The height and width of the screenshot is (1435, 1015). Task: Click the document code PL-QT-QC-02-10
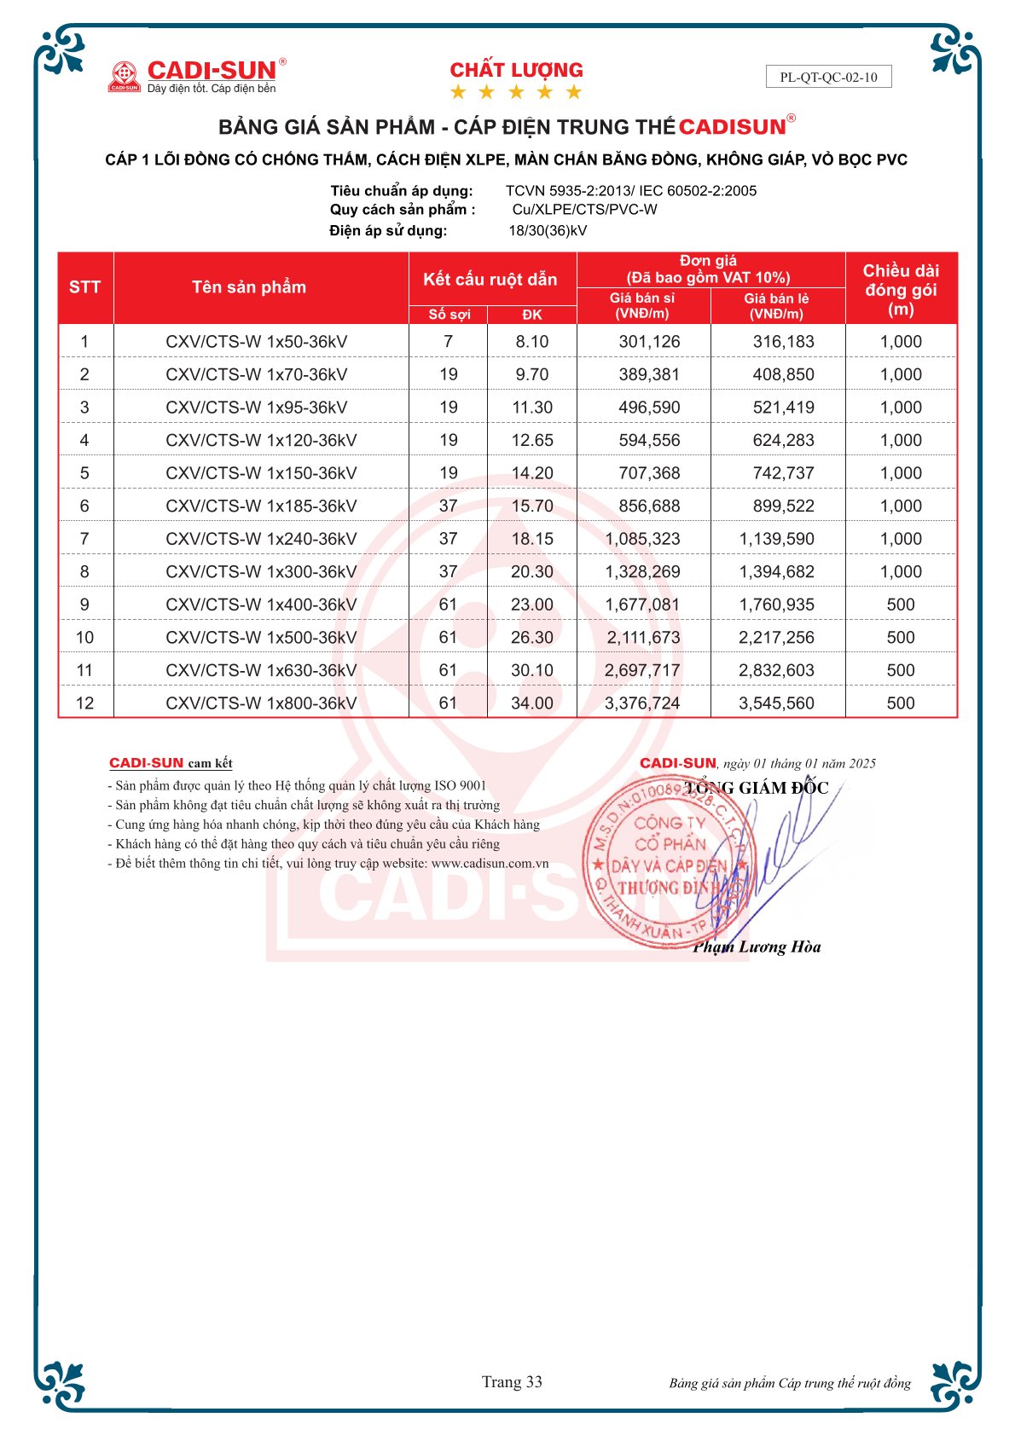(828, 77)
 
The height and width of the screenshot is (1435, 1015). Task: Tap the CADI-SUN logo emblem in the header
(125, 76)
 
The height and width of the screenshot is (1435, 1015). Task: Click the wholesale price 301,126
(649, 342)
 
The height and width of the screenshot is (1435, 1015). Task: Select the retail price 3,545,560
(776, 703)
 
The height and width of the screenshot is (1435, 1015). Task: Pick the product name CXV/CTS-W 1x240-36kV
(261, 539)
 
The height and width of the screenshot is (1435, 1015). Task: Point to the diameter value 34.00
(531, 703)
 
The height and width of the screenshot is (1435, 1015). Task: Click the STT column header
(84, 287)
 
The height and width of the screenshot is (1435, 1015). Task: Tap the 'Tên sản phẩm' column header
(249, 287)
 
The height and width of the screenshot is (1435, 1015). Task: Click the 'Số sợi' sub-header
(449, 315)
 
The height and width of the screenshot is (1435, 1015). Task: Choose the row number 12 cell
(84, 703)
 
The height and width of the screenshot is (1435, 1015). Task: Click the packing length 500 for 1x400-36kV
(900, 605)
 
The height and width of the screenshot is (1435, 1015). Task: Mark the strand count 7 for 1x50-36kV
(449, 342)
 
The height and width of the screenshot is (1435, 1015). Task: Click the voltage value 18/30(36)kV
(548, 230)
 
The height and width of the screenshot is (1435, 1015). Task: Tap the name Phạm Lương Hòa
(757, 946)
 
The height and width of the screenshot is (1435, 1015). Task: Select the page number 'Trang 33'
(512, 1381)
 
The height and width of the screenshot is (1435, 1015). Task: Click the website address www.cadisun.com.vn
(490, 863)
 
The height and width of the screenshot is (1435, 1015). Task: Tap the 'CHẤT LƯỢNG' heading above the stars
(516, 70)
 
